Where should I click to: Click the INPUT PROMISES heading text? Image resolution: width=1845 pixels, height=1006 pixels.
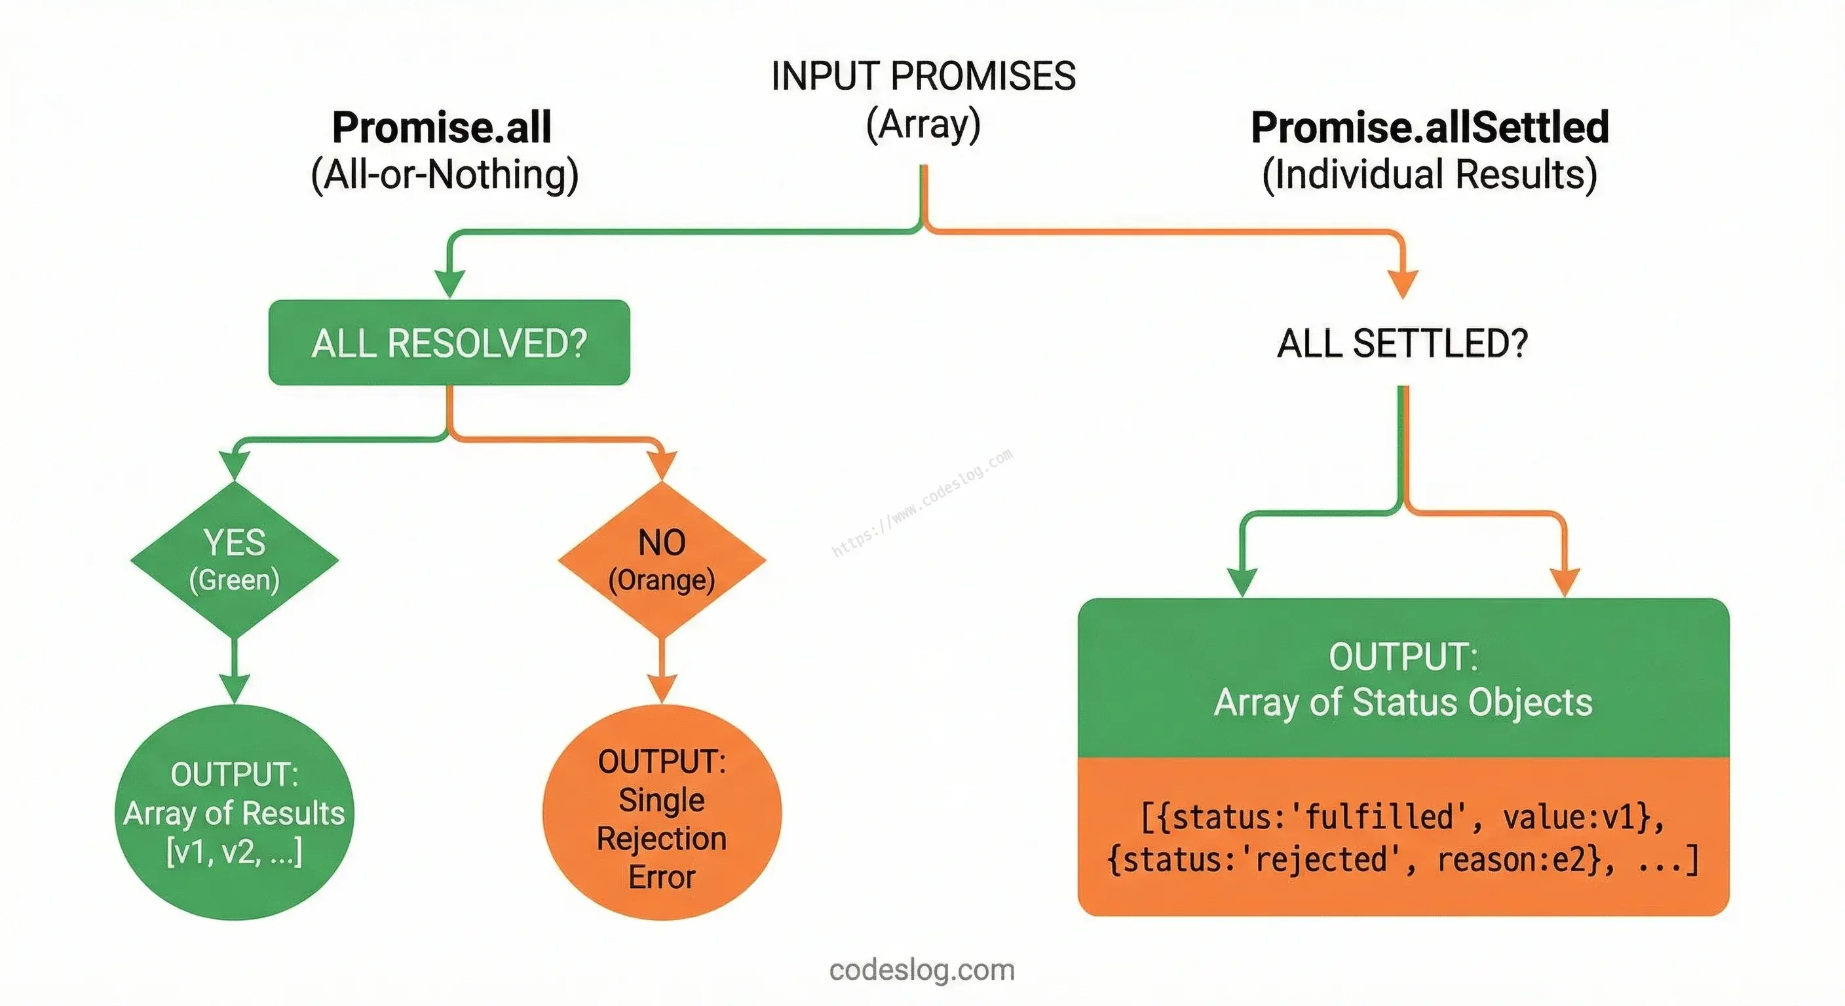click(923, 77)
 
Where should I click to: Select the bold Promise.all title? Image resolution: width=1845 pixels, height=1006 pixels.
click(442, 128)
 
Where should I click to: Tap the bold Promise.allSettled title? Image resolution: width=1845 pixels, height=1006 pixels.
click(1430, 128)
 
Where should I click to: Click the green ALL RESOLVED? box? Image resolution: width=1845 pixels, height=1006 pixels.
click(449, 343)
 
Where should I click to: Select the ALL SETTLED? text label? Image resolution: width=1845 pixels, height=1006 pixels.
click(1402, 343)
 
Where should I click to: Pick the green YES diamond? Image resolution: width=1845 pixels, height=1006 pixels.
click(234, 559)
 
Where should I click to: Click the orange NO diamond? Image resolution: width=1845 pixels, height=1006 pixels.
click(662, 559)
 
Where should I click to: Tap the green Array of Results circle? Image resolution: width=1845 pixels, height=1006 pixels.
click(234, 812)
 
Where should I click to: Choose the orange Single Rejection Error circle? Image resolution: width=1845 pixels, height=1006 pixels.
click(662, 812)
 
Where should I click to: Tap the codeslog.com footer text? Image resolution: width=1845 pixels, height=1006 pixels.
click(922, 969)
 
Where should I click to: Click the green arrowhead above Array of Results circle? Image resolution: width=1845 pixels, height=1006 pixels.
click(234, 689)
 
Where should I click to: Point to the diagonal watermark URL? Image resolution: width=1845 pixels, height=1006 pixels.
click(922, 502)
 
